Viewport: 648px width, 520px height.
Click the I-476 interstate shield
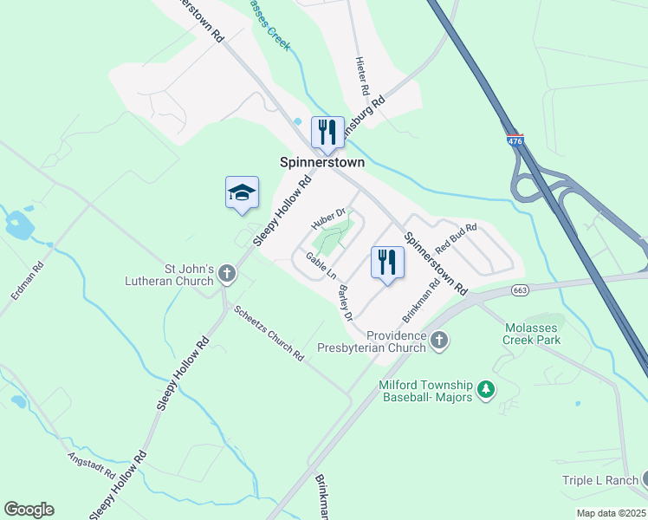click(x=515, y=139)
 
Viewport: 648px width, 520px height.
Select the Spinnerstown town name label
click(x=322, y=162)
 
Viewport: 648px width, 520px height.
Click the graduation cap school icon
click(x=243, y=192)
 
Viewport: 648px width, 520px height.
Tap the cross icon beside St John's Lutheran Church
click(x=227, y=274)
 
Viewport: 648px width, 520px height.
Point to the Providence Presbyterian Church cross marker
click(x=440, y=341)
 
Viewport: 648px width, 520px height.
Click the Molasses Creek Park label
click(x=532, y=335)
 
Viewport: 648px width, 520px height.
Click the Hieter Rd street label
click(x=363, y=76)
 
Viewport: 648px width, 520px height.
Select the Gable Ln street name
click(x=321, y=266)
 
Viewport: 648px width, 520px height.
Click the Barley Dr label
click(x=346, y=302)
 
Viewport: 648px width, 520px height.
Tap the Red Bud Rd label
click(x=456, y=237)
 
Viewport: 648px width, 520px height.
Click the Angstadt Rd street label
click(x=92, y=466)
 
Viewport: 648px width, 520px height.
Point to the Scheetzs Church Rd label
click(x=269, y=333)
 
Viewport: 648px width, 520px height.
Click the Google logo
click(x=29, y=510)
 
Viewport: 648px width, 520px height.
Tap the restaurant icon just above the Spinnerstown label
click(x=327, y=133)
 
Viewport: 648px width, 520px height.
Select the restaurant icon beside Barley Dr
click(x=387, y=262)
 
